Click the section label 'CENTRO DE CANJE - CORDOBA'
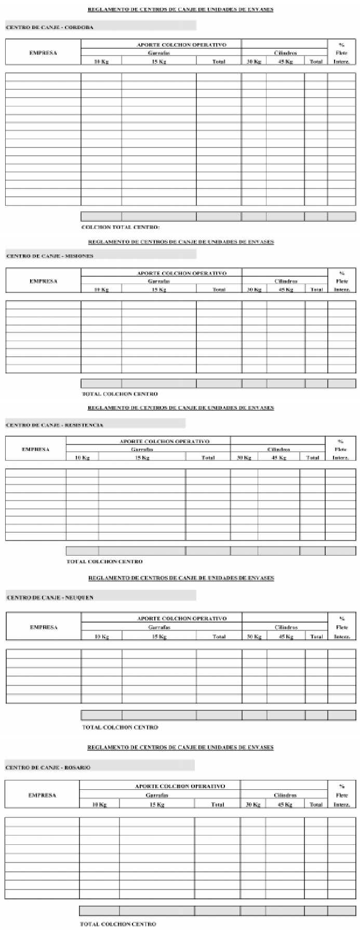point(50,27)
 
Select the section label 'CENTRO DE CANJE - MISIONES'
point(50,255)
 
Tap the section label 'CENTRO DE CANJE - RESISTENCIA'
point(55,425)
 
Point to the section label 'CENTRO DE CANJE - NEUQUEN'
point(50,598)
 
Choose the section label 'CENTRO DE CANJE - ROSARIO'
point(48,767)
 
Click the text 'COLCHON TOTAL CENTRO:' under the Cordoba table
point(121,227)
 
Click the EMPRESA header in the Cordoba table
point(43,53)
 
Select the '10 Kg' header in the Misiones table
point(101,289)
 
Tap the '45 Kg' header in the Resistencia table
point(279,457)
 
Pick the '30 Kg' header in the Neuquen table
point(254,636)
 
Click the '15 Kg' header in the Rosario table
point(157,804)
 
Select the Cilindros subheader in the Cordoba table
point(285,53)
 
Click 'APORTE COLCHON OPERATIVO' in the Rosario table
point(180,786)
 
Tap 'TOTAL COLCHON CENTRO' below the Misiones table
point(120,394)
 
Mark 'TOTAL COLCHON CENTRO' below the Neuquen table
point(120,727)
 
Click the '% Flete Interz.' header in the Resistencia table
point(341,449)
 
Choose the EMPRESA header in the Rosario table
point(42,795)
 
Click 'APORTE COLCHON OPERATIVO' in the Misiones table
point(182,273)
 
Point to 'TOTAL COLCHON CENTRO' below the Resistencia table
point(104,561)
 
